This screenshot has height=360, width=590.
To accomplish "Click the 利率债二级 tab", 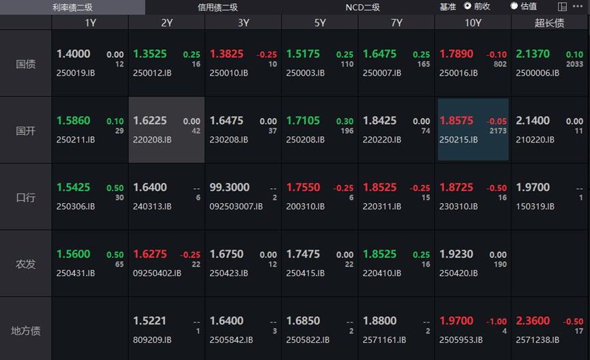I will pos(72,7).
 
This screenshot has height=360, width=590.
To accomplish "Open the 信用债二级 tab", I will pos(218,7).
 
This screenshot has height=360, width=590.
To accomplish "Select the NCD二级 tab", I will pos(362,7).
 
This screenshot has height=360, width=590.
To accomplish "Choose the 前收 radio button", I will pos(468,6).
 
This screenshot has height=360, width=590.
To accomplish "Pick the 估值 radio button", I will pos(514,6).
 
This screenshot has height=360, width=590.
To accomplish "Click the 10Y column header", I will pos(473,22).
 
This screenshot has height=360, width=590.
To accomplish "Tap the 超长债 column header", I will pos(549,22).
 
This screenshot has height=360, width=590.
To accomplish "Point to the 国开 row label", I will pos(26,130).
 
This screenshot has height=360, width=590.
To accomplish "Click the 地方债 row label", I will pos(26,331).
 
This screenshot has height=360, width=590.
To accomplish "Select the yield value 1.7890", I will pos(456,54).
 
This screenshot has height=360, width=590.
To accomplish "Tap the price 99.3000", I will pos(229,187).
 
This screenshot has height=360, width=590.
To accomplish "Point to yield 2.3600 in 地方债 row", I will pos(533,321).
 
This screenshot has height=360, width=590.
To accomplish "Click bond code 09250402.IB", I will pos(157,273).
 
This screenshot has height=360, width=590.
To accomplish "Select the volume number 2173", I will pos(497,130).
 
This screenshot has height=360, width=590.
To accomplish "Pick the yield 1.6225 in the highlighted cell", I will pos(150,121).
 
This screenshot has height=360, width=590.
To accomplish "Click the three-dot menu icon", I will pos(578,6).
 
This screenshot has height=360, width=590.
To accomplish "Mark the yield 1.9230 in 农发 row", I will pos(456,254).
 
